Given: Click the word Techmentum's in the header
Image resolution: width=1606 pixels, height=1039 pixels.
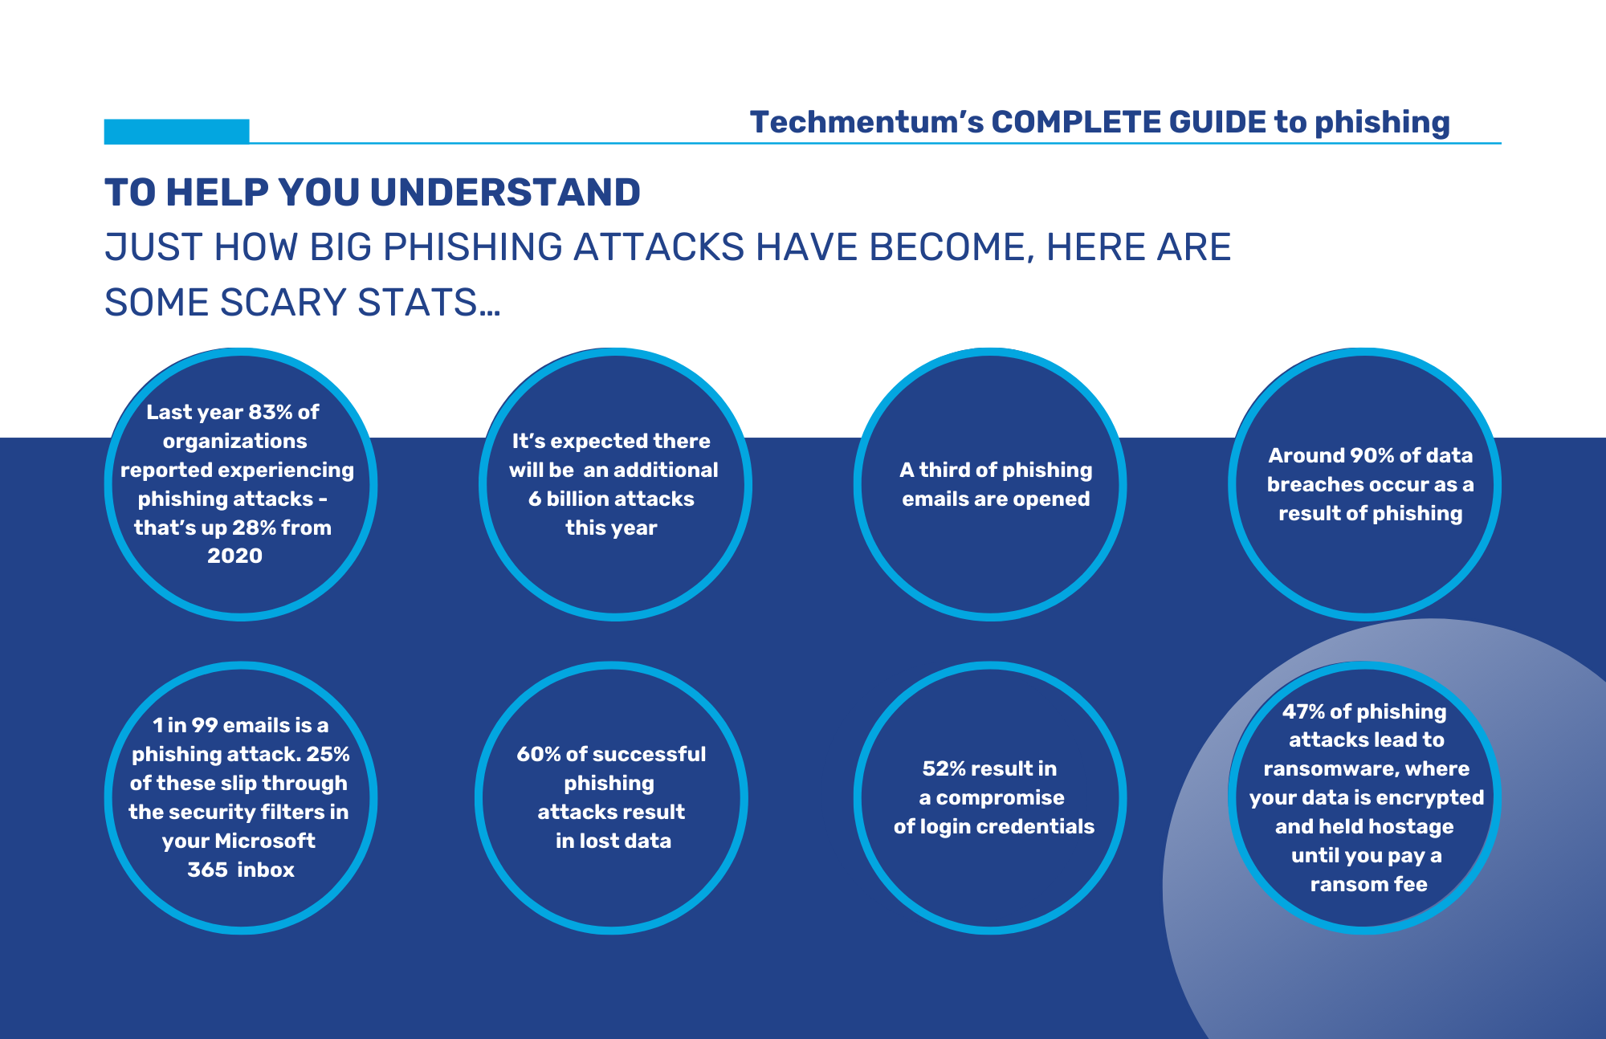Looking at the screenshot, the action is [866, 122].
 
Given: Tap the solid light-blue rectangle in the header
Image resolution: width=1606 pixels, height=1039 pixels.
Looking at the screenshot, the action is [177, 132].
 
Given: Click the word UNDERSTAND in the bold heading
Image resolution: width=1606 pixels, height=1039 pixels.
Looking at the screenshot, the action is [505, 193].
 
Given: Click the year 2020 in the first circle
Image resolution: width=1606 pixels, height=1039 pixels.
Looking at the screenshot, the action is [234, 556].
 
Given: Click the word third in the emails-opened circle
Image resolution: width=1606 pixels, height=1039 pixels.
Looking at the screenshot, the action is [944, 470].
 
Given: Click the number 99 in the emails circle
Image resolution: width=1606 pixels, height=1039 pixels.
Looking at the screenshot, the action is [205, 725].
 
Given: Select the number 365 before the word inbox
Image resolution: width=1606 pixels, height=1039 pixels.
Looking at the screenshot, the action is [207, 870].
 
